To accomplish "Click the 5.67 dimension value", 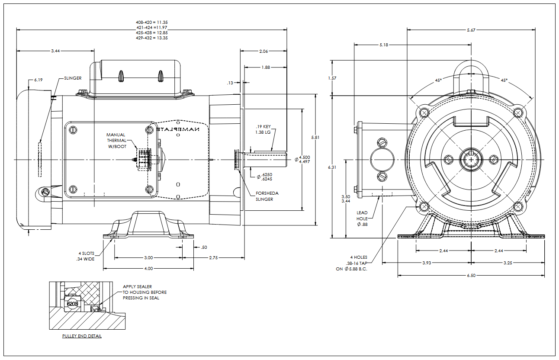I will click(471, 30).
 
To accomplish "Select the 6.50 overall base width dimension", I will click(471, 276).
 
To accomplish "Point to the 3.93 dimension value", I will click(427, 263).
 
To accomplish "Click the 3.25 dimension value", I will click(508, 263).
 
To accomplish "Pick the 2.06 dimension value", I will click(263, 51).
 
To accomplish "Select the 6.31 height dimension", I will click(332, 167).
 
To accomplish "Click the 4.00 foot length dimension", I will click(148, 269).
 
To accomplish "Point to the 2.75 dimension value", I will click(213, 258).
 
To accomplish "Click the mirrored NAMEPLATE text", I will click(178, 129).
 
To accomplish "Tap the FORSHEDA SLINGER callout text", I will click(267, 196).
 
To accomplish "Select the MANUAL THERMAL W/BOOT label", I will click(116, 140).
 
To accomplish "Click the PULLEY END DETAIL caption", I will click(82, 336).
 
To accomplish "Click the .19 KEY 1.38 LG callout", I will click(263, 129).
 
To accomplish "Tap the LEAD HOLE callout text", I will click(362, 219).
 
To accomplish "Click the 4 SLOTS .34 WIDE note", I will click(86, 256).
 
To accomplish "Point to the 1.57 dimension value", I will click(332, 78).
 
